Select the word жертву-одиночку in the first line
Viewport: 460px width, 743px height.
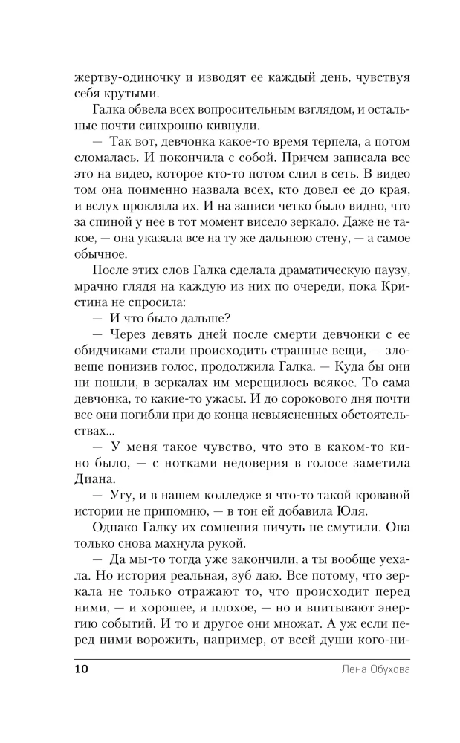pyautogui.click(x=123, y=77)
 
